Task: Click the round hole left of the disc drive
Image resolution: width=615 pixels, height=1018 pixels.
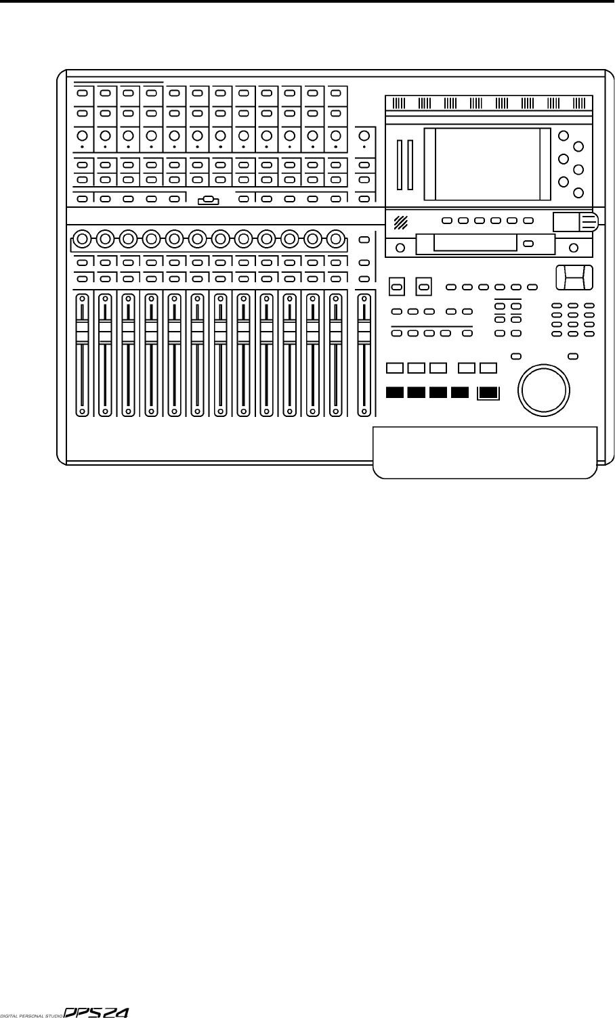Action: tap(400, 248)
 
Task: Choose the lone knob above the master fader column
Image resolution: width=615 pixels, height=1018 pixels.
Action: tap(364, 135)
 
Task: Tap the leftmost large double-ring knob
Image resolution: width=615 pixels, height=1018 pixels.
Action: tap(82, 238)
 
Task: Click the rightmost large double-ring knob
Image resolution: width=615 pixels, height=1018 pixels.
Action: tap(335, 238)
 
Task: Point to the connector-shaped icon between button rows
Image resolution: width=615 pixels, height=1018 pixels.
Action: tap(208, 200)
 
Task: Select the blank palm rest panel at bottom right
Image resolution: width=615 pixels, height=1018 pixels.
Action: tap(485, 451)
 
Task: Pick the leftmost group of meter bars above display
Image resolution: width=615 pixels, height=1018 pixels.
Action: tap(398, 104)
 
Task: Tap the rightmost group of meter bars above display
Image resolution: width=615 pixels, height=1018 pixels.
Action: tap(578, 104)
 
